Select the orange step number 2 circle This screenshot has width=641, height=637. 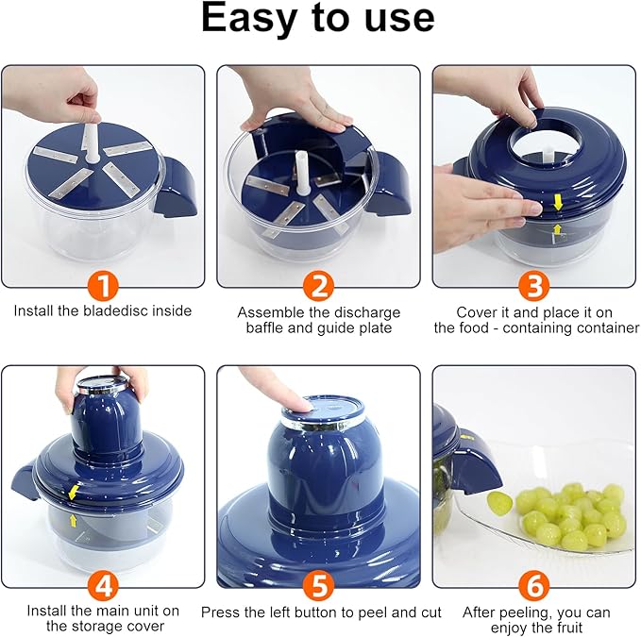(318, 284)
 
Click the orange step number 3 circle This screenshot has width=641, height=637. (535, 284)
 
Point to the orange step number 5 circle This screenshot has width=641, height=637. (318, 585)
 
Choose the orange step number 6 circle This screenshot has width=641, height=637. (535, 585)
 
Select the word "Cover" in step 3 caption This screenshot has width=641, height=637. (477, 312)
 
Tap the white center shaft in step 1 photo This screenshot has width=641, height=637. (93, 147)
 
